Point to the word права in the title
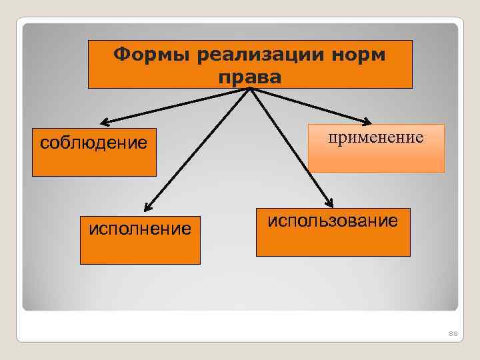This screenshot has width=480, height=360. (x=250, y=77)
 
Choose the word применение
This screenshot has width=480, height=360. (x=375, y=138)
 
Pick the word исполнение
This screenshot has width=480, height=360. (x=140, y=229)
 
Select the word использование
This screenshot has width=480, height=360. (x=333, y=221)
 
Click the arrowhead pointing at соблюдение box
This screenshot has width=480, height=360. (x=105, y=122)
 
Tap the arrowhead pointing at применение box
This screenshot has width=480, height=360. (x=367, y=121)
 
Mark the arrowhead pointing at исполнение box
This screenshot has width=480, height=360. (x=147, y=208)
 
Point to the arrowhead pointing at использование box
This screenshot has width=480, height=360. (x=329, y=204)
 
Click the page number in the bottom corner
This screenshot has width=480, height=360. (x=453, y=333)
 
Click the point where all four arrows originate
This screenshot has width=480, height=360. (x=250, y=89)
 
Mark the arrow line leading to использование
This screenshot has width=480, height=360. (x=290, y=147)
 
